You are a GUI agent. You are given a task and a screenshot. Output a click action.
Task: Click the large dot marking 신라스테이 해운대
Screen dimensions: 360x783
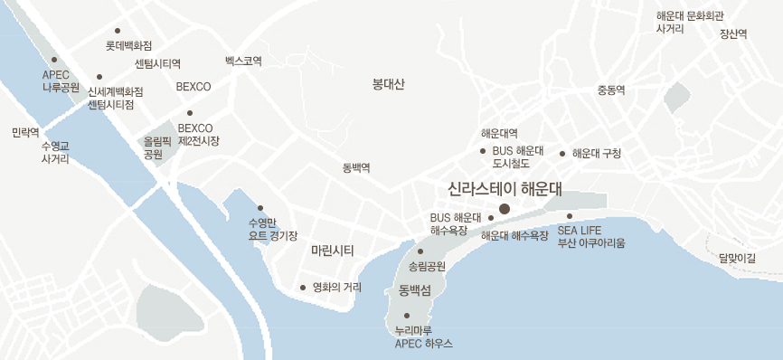pos(505,209)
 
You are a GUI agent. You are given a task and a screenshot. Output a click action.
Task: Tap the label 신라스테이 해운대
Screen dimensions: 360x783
pos(505,189)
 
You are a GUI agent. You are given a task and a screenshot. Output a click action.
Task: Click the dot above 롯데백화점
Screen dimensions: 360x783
pos(118,31)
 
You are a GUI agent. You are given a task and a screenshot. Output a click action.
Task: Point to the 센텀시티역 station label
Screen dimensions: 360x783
pos(157,64)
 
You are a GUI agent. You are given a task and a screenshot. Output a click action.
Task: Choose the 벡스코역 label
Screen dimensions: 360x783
pos(243,62)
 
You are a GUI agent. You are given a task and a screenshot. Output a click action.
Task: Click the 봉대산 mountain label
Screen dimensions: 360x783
pos(389,84)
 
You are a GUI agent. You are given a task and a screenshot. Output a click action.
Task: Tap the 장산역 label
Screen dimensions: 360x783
pos(733,34)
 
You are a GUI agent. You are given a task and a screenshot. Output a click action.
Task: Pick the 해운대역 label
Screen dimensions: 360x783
pos(499,134)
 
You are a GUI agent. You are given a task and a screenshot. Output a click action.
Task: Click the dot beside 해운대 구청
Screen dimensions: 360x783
pos(562,153)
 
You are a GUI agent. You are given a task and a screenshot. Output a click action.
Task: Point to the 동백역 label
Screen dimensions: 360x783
pos(356,168)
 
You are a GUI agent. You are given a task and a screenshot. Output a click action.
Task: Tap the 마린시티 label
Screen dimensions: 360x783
pos(332,250)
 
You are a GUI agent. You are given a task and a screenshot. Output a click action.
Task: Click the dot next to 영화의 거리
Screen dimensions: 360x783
pos(303,288)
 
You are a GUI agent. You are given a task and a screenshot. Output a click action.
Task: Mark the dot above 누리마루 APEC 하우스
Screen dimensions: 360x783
pos(407,316)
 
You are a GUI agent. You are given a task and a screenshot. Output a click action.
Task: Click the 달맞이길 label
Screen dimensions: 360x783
pos(737,258)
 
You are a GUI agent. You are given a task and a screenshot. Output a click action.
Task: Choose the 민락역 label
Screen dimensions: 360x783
pos(24,132)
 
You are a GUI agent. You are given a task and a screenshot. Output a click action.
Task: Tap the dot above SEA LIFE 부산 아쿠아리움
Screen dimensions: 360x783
pos(570,216)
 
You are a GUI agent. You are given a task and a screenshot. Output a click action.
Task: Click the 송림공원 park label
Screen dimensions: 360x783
pos(428,266)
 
